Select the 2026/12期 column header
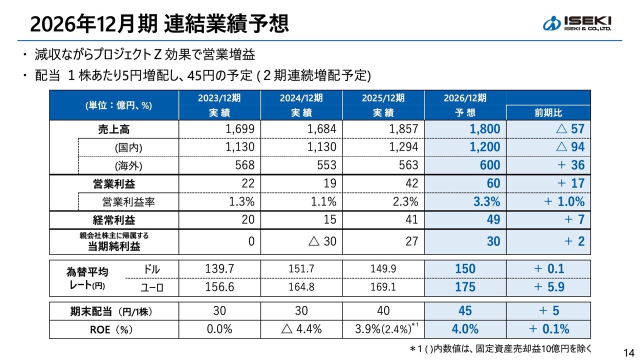pyautogui.click(x=464, y=98)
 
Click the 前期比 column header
pyautogui.click(x=548, y=113)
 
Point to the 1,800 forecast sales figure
pyautogui.click(x=484, y=129)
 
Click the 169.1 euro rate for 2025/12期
pyautogui.click(x=383, y=287)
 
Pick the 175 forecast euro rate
pyautogui.click(x=465, y=287)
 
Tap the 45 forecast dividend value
pyautogui.click(x=465, y=311)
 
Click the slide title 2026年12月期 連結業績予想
pyautogui.click(x=159, y=23)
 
